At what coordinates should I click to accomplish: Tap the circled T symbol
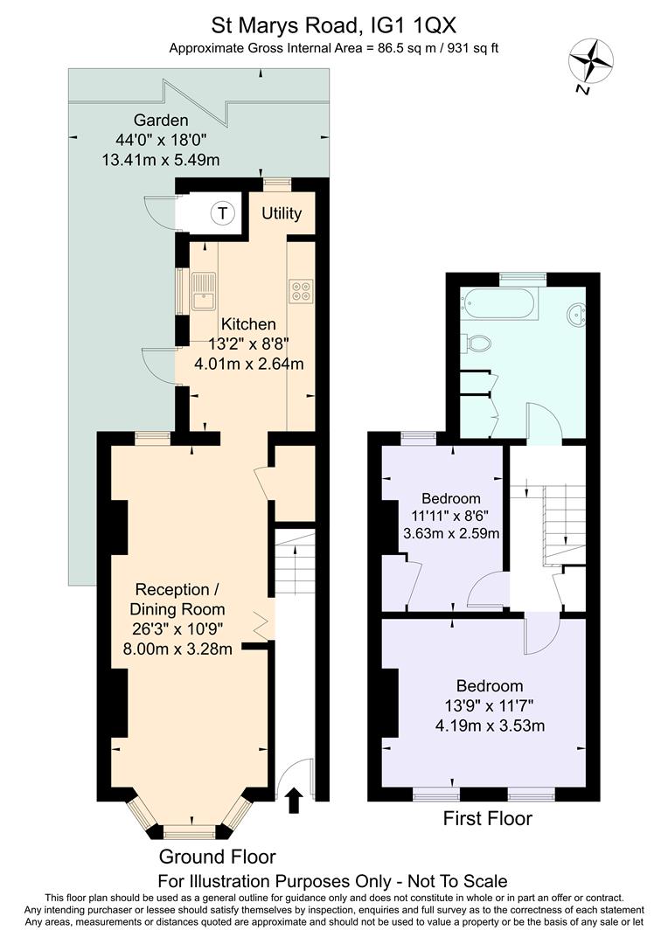[x=224, y=212]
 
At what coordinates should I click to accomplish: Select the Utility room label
[x=282, y=214]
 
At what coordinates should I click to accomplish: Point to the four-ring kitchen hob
[x=300, y=290]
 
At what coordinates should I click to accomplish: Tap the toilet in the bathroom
[x=477, y=344]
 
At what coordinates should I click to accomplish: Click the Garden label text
[x=160, y=120]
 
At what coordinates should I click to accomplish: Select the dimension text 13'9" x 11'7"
[x=490, y=705]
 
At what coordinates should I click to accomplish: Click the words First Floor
[x=487, y=819]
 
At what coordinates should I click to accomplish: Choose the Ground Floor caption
[x=217, y=857]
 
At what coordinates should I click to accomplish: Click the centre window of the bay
[x=189, y=830]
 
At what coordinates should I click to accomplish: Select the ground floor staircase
[x=295, y=563]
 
